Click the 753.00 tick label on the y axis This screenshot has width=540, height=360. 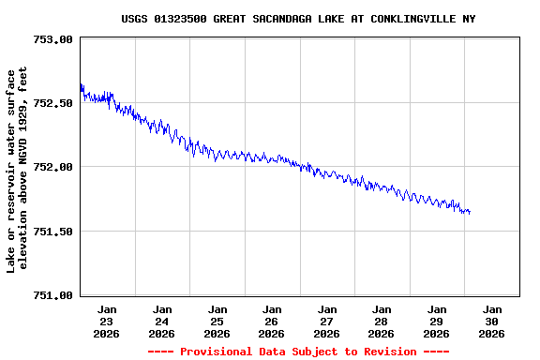point(52,39)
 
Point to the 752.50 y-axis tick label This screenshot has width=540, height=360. point(52,103)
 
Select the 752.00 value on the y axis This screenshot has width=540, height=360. point(52,167)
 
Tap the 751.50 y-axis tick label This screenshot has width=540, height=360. point(52,231)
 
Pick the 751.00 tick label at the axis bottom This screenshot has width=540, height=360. point(52,294)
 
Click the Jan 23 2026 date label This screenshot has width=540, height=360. point(107,321)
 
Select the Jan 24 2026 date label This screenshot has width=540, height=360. point(162,321)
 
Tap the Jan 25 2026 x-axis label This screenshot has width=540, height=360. point(217,321)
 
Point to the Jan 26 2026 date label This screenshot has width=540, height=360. point(272,321)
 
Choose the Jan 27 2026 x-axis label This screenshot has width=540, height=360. point(327,321)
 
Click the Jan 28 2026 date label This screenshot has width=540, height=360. point(382,321)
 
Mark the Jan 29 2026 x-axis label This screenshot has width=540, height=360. point(437,321)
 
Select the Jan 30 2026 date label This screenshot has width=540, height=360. point(491,321)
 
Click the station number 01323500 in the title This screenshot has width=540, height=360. point(184,19)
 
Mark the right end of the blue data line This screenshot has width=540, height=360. point(470,213)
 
